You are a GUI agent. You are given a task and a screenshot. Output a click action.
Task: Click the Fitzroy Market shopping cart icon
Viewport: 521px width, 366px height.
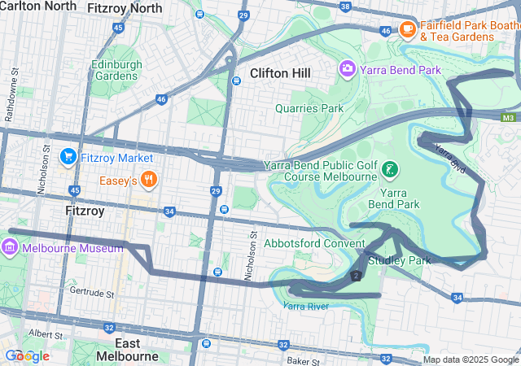coord(68,157)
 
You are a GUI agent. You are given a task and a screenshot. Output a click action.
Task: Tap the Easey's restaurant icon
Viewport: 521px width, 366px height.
coord(148,179)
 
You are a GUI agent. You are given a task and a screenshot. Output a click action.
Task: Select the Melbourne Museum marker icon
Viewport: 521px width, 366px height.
coord(11,248)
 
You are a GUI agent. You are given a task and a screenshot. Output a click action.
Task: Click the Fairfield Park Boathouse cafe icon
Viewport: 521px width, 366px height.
coord(408,30)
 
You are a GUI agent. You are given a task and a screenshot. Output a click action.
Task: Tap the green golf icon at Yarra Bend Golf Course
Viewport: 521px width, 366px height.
coord(392,170)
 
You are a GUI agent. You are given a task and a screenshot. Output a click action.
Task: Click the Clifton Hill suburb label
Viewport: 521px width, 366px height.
coord(280,73)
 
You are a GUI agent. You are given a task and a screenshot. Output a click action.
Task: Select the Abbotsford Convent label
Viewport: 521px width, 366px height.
coord(314,243)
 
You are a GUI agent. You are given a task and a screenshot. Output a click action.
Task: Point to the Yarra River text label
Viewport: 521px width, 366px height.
coord(306,306)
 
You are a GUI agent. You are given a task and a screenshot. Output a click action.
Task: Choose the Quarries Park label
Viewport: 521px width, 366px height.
coord(309,107)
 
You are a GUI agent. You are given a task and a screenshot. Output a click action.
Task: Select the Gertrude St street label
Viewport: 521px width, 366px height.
coord(92,291)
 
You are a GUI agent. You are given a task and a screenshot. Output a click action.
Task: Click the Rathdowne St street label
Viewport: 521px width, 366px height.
coord(13,98)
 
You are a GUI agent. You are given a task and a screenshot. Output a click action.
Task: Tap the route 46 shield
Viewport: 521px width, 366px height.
coord(161,99)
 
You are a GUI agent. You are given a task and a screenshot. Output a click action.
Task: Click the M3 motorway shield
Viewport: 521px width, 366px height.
coord(509,118)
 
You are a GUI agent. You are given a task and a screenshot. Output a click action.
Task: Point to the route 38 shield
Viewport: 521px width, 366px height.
coord(345,7)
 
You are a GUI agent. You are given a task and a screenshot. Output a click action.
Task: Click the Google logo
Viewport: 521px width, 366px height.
coord(27,356)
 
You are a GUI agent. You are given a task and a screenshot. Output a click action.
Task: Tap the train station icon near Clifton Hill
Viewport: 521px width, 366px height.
coord(236,80)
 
